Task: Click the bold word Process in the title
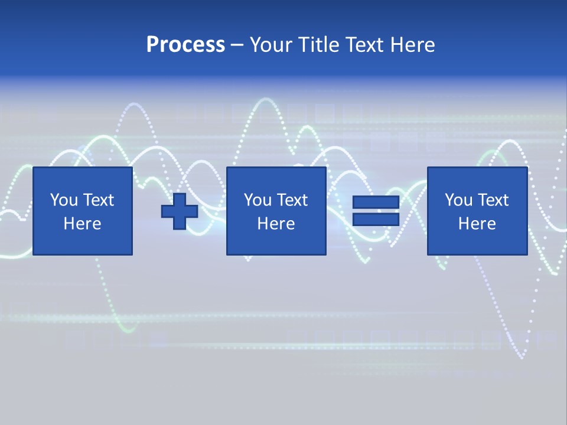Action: coord(185,45)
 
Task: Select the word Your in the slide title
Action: coord(270,45)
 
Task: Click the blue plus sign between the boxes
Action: coord(180,211)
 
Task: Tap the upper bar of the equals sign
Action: coord(376,202)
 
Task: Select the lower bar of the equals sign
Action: coord(376,220)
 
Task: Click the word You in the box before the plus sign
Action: coord(63,200)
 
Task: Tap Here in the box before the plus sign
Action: coord(82,224)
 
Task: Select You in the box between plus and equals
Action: coord(257,200)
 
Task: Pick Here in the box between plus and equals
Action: coord(276,224)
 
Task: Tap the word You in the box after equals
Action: coord(458,200)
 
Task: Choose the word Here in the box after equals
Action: coord(477,224)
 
